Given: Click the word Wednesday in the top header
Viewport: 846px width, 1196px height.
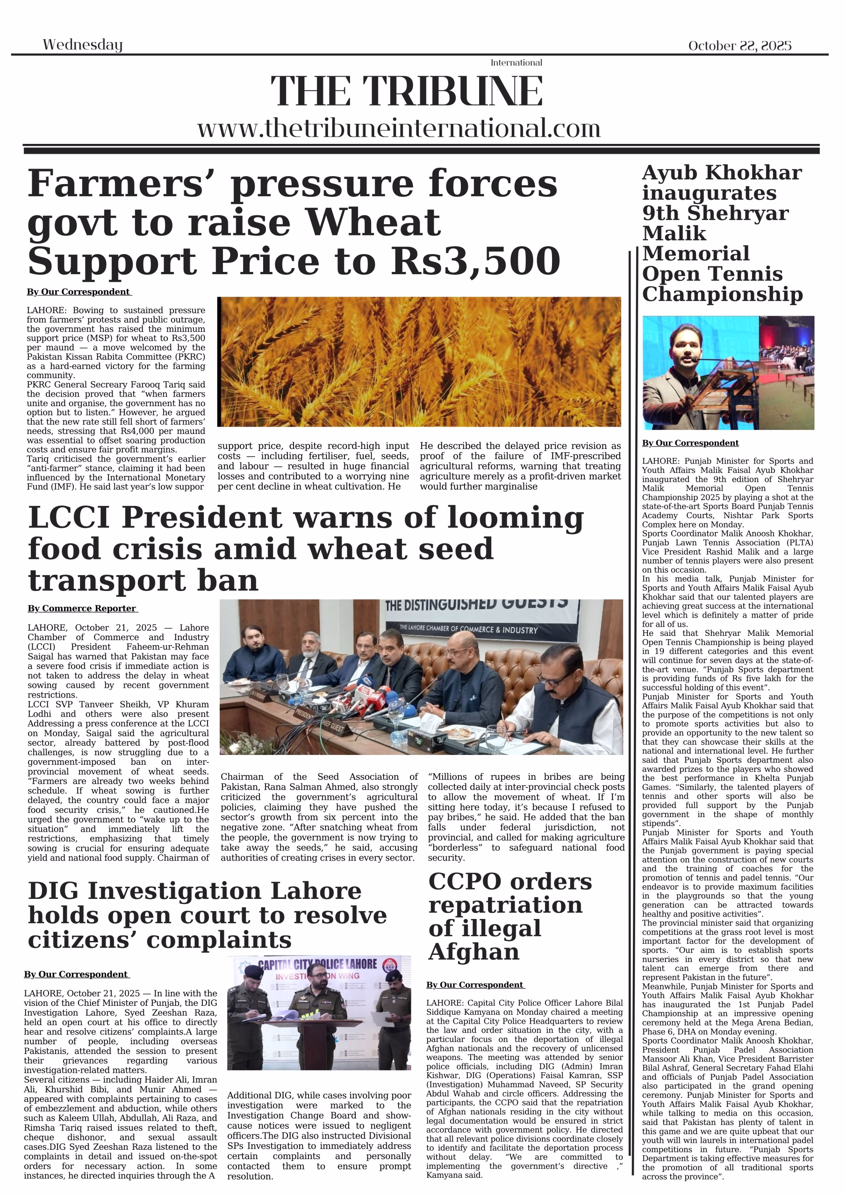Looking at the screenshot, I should [x=82, y=45].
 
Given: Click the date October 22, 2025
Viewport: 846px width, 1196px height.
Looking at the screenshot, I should [x=739, y=46].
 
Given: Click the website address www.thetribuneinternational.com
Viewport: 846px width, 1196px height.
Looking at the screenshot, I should [x=399, y=128].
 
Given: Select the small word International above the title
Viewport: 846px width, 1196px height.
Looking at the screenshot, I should [x=516, y=63].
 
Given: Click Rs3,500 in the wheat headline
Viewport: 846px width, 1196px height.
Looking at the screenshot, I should [x=475, y=262].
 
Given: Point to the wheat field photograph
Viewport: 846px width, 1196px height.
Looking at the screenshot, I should [x=419, y=362].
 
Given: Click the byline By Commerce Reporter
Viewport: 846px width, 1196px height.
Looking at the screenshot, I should [x=82, y=608].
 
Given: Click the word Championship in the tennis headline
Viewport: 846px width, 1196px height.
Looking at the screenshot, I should [x=722, y=294].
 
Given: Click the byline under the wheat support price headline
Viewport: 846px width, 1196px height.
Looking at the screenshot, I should [x=79, y=292].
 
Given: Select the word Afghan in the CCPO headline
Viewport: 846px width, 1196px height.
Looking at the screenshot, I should [x=473, y=952].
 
